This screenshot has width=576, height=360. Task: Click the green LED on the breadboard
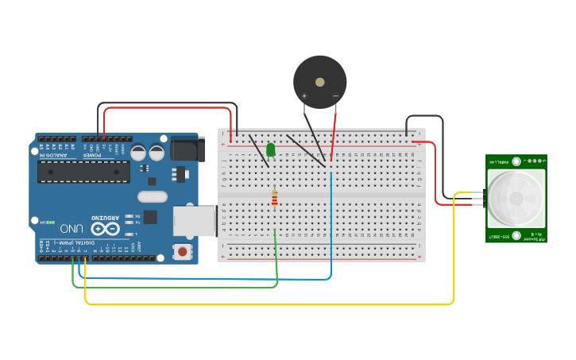[271, 149]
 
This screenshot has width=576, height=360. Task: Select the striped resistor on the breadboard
[275, 199]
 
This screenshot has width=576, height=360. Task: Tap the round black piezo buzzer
[320, 81]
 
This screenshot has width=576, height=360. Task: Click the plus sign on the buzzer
[303, 96]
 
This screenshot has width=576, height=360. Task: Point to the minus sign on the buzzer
[335, 96]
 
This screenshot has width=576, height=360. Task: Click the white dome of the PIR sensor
[516, 198]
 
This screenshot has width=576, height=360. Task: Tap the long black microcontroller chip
[83, 172]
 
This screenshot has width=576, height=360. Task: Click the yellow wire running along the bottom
[270, 304]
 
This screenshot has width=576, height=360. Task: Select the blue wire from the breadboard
[331, 230]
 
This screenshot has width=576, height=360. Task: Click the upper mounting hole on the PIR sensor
[516, 161]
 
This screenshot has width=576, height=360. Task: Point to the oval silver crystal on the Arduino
[152, 196]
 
